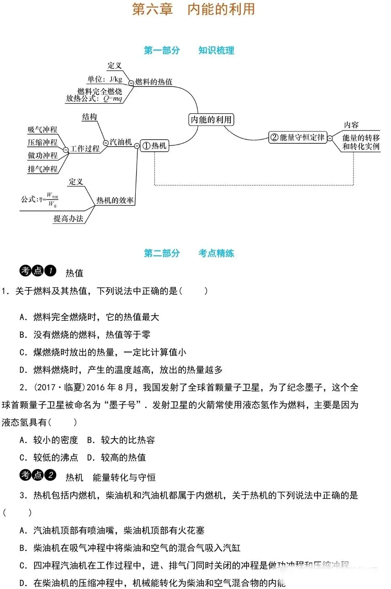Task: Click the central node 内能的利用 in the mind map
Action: (211, 119)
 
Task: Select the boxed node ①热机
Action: (155, 146)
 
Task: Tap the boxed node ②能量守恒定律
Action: (298, 138)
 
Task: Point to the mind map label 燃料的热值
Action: (154, 82)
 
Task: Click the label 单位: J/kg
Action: (105, 79)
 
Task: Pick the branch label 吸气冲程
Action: (43, 130)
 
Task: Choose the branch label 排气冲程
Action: (43, 169)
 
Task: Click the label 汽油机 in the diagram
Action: (121, 142)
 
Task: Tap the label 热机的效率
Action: (115, 200)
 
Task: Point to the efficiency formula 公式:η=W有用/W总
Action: (40, 199)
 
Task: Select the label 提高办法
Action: (68, 218)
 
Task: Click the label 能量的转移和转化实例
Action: (361, 142)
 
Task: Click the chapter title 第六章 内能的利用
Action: (194, 9)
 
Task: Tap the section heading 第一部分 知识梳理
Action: (189, 50)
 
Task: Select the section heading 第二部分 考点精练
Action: (189, 253)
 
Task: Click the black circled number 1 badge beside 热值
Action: (51, 270)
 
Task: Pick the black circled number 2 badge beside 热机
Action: (51, 475)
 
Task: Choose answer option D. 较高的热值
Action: (117, 458)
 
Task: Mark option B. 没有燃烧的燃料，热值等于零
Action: (85, 335)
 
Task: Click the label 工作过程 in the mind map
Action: (85, 148)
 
